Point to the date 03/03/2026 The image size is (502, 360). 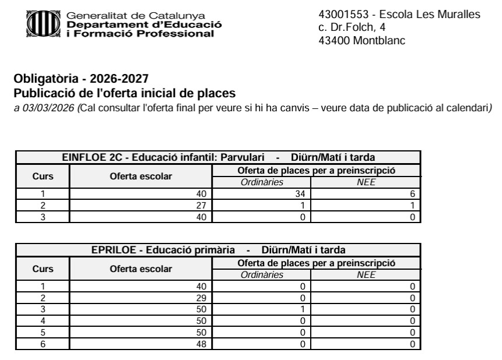tap(41, 109)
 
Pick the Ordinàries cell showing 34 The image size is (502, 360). tap(301, 193)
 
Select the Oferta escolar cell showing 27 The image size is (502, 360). tap(201, 205)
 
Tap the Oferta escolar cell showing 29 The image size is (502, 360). tap(201, 297)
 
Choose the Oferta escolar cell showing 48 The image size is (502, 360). tap(201, 344)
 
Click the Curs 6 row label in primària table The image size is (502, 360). tap(42, 344)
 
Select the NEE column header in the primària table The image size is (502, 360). tap(366, 274)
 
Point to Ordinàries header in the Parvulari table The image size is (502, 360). tap(262, 182)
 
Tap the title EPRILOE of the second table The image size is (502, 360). tap(114, 250)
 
